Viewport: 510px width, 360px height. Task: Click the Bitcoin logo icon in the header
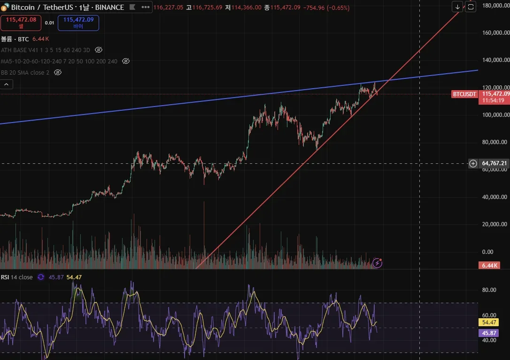[4, 8]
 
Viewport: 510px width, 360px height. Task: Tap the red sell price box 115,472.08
[21, 23]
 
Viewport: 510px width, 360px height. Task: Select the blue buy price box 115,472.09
[78, 23]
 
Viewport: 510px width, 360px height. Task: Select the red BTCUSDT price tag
[464, 94]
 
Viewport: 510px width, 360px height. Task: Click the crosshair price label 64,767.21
[495, 163]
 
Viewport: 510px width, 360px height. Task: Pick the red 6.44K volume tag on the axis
[489, 266]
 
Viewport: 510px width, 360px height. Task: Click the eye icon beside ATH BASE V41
[99, 50]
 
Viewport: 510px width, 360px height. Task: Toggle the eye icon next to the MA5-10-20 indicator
[126, 61]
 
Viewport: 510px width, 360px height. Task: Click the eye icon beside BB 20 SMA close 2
[58, 72]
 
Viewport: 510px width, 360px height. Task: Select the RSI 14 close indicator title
[17, 277]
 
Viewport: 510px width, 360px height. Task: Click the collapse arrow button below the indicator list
[7, 84]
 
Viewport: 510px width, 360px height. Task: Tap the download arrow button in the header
[457, 7]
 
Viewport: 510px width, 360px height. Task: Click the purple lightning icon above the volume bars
[377, 263]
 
